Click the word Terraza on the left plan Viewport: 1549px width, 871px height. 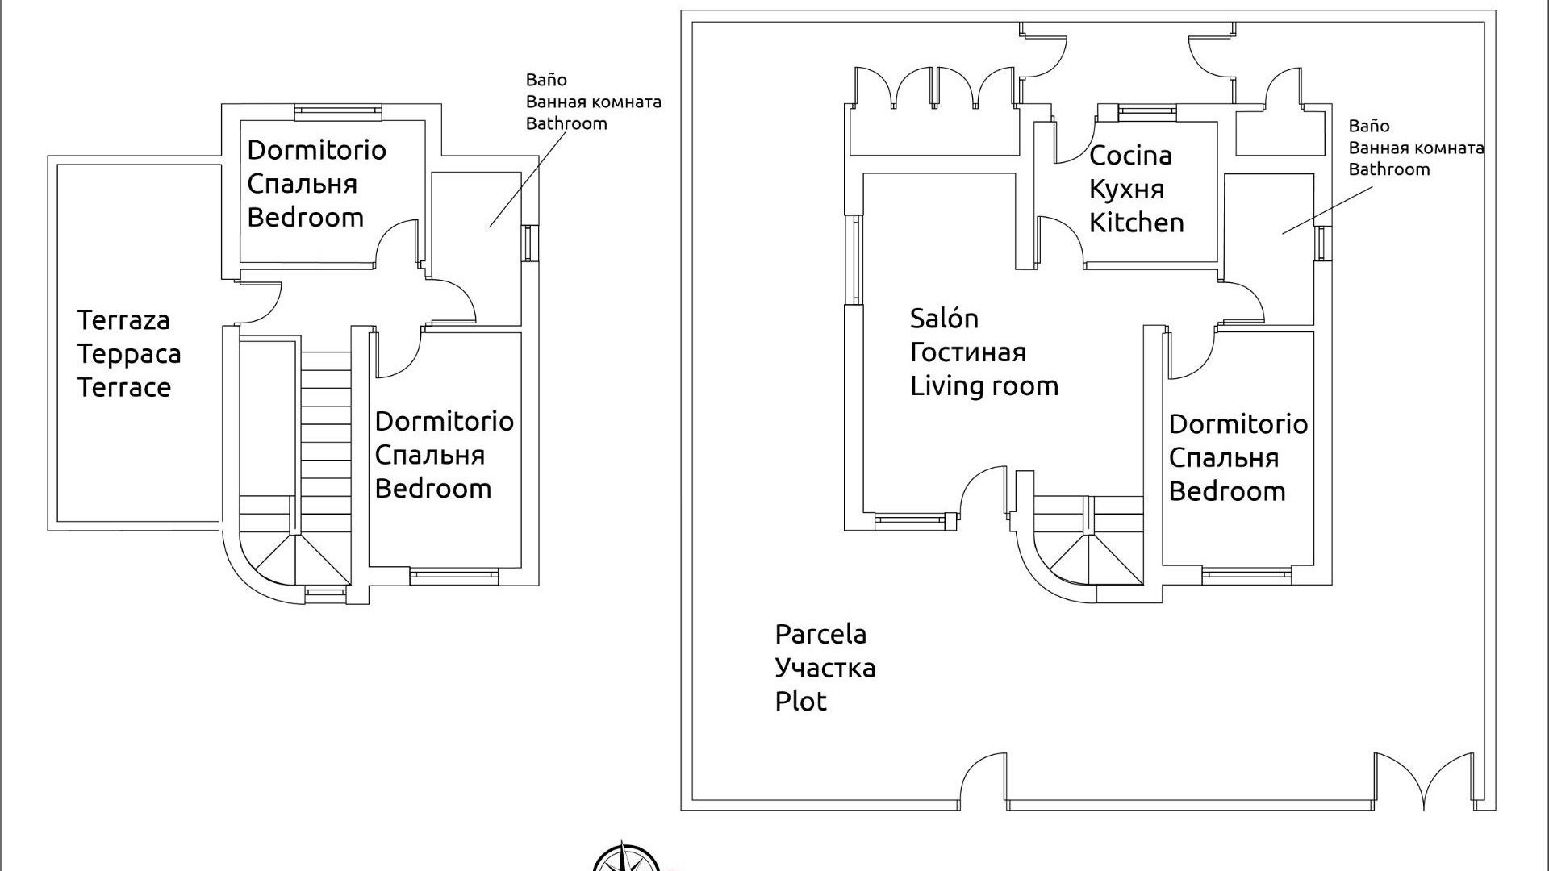point(123,320)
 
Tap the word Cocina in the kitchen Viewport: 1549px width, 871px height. point(1129,156)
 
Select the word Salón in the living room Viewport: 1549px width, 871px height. point(944,319)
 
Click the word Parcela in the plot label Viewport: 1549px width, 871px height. point(820,634)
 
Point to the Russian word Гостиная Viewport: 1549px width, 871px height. point(968,352)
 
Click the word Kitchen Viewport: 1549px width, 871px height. point(1136,223)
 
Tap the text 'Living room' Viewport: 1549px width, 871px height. point(984,386)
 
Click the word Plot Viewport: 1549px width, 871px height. point(800,701)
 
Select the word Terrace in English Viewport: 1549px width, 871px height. point(123,387)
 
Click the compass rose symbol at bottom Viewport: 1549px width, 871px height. point(625,858)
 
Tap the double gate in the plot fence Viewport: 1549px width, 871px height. point(1424,781)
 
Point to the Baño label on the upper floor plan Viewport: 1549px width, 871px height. point(546,80)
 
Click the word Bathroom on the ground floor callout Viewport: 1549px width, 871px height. point(1388,169)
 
